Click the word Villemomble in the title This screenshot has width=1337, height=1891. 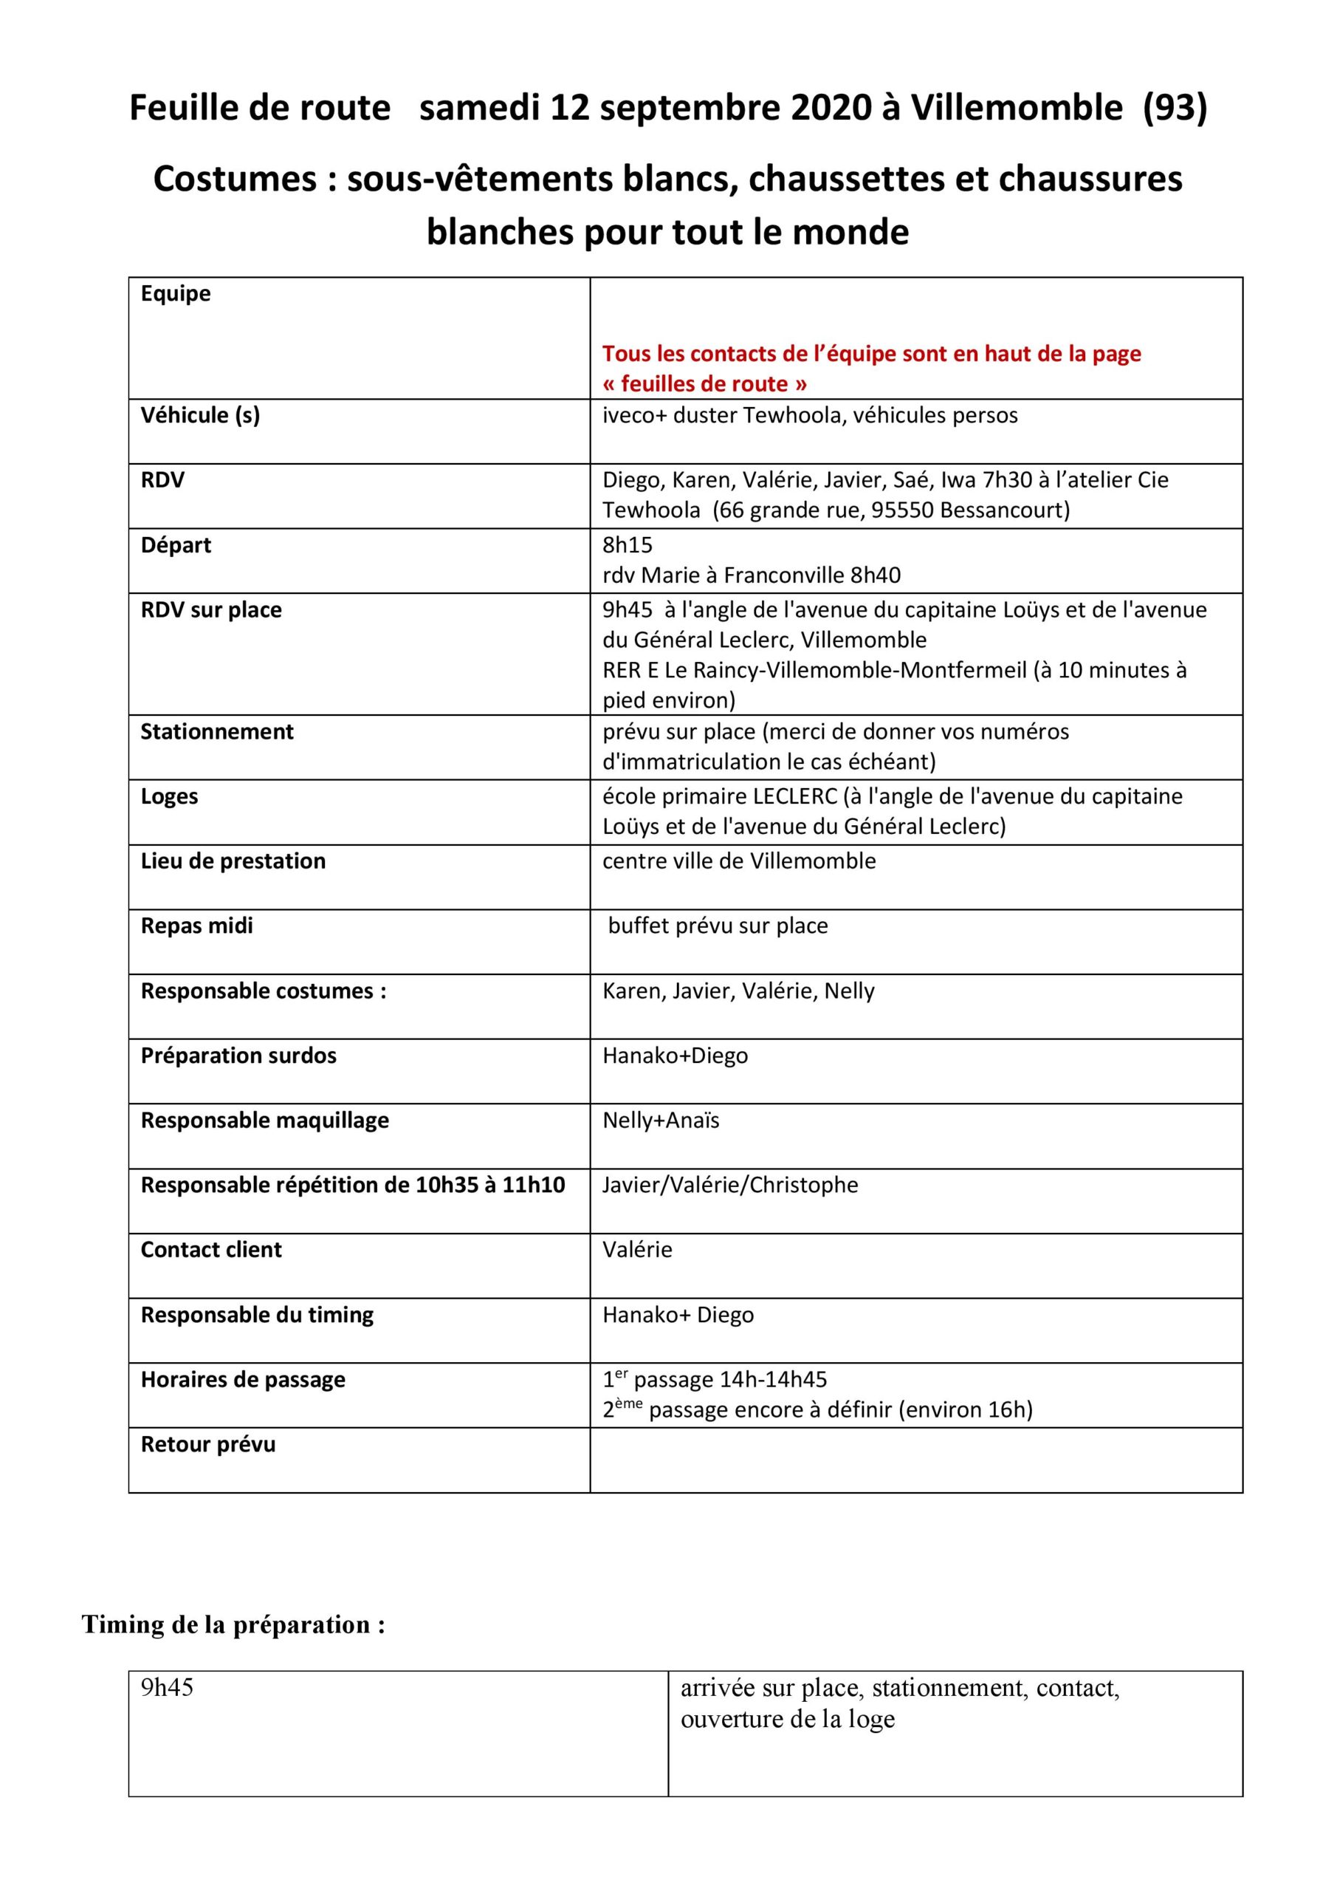coord(1016,108)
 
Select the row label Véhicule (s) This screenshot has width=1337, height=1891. coord(200,415)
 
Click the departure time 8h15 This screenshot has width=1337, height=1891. coord(628,545)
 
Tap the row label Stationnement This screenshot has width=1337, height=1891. coord(216,731)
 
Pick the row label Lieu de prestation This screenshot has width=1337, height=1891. coord(233,861)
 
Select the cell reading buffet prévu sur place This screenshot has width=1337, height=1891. coord(718,926)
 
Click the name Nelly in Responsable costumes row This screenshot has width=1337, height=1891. coord(850,991)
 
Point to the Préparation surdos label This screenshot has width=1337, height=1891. coord(238,1056)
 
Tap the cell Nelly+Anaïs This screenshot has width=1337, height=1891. coord(661,1121)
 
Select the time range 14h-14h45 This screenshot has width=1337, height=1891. coord(773,1381)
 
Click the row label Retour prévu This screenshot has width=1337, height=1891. coord(207,1445)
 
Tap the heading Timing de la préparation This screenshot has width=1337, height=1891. coord(233,1625)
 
